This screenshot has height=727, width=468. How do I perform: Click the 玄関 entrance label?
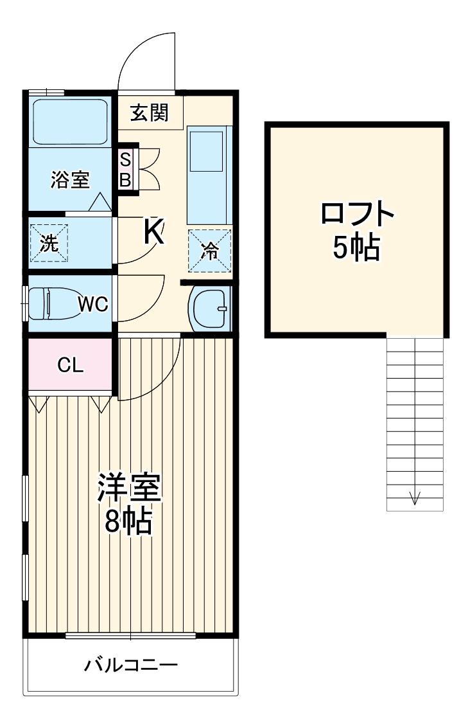coord(150,113)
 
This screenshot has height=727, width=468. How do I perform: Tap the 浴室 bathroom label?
coord(70,181)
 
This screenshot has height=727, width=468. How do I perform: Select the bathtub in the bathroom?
coord(71,122)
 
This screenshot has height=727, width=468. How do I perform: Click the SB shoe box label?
coord(125,170)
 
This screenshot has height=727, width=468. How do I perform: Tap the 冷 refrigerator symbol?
coord(209,250)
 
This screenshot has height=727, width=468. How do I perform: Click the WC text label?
coord(93,304)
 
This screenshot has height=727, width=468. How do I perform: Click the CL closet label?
coord(71,366)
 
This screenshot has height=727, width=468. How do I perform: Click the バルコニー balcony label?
coord(130,665)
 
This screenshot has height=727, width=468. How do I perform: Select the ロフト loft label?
coord(357,214)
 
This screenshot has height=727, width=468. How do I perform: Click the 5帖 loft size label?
coord(356,247)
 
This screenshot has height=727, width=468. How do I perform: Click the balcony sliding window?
coord(130,636)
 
